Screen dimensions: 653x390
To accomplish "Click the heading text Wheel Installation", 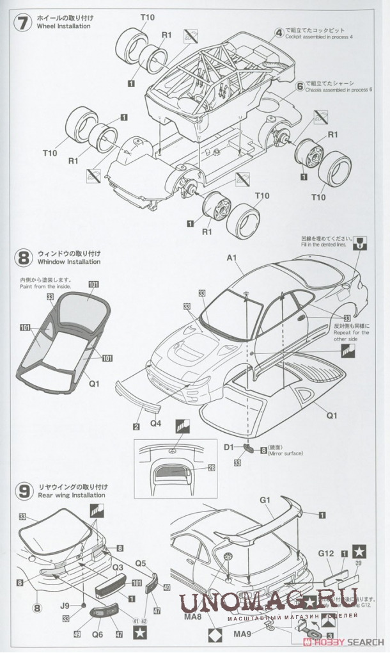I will (65, 27).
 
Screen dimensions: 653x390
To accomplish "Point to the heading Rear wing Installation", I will (72, 496).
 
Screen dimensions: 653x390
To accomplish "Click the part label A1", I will (231, 259).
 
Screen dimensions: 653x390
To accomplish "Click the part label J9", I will (66, 604).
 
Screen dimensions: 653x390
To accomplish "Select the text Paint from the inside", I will (44, 286).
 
